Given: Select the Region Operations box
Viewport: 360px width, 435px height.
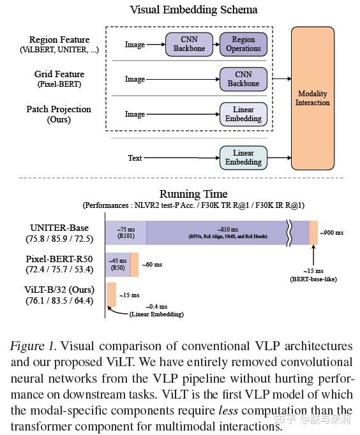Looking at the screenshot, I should [243, 44].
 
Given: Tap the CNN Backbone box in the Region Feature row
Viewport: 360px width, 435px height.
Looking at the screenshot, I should [189, 44].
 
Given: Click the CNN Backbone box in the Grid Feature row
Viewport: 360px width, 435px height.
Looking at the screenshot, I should [243, 78].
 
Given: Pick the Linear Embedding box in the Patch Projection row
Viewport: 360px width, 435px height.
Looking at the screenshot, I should [243, 114].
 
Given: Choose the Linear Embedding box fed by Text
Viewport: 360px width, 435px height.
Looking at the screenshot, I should [243, 158].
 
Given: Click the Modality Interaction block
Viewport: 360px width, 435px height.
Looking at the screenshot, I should [312, 98].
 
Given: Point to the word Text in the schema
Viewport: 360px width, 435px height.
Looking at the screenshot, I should [135, 158].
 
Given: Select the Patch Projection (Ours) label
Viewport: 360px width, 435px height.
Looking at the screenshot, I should [59, 114].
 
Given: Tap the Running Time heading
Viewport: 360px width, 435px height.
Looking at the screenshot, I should [193, 193].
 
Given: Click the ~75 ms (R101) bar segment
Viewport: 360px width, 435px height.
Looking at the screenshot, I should [126, 233].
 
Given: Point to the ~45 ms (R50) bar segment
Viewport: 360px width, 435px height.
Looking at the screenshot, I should [117, 264].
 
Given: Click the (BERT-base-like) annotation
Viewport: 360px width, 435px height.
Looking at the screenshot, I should [313, 279].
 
